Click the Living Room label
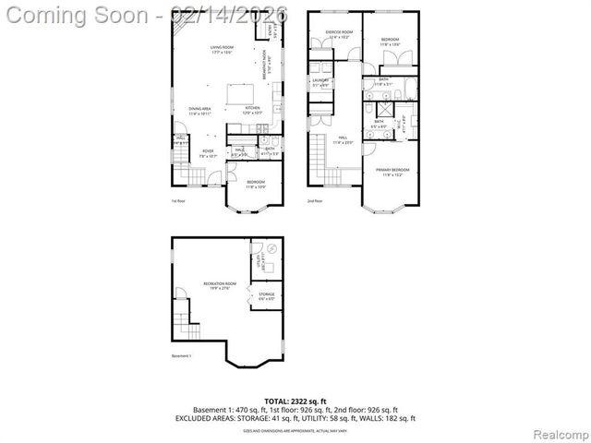[x=222, y=48]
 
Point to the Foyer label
[x=208, y=152]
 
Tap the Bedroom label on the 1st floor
[x=256, y=184]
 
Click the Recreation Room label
[x=220, y=285]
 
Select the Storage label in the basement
[x=266, y=296]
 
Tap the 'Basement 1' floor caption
[x=181, y=355]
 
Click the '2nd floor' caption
[x=315, y=200]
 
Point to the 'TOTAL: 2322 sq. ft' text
[x=295, y=401]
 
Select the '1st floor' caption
[x=177, y=200]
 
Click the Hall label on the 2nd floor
[x=342, y=140]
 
